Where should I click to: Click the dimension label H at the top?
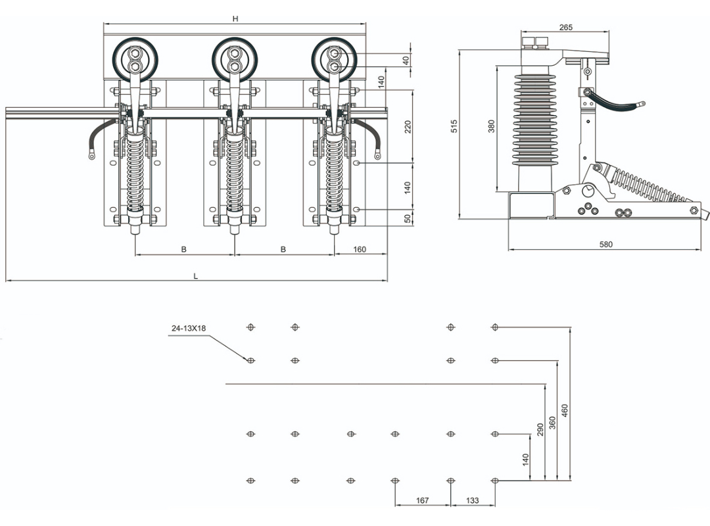pyautogui.click(x=235, y=18)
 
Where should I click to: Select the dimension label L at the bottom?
pyautogui.click(x=195, y=276)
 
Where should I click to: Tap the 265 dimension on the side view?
pyautogui.click(x=565, y=27)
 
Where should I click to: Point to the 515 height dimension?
pyautogui.click(x=454, y=126)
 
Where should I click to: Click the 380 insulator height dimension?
pyautogui.click(x=492, y=126)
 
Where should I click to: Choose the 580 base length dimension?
pyautogui.click(x=605, y=245)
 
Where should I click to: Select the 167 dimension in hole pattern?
pyautogui.click(x=422, y=500)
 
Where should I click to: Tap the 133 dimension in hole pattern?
pyautogui.click(x=472, y=500)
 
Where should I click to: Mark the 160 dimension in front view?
pyautogui.click(x=360, y=249)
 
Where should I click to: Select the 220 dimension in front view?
pyautogui.click(x=408, y=127)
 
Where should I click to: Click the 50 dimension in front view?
pyautogui.click(x=408, y=218)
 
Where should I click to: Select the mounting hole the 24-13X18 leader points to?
pyautogui.click(x=250, y=360)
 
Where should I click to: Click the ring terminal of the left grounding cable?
pyautogui.click(x=91, y=156)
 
